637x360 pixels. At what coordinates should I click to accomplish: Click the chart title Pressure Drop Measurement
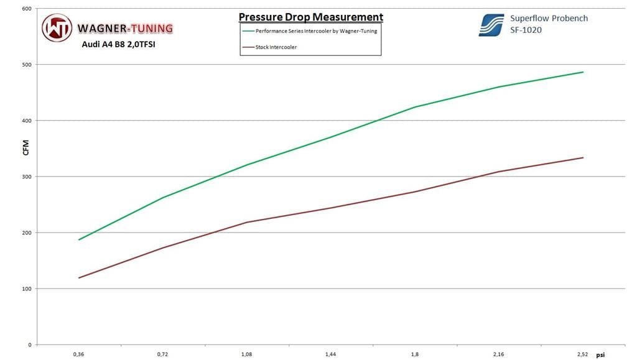pos(310,17)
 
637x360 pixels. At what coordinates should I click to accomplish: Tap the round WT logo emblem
pos(57,28)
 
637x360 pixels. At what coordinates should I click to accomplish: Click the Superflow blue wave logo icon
pos(491,25)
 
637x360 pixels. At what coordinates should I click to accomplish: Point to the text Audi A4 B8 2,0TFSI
pos(118,44)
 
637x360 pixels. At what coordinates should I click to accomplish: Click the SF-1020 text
pos(526,29)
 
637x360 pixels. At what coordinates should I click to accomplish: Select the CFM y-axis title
pos(26,149)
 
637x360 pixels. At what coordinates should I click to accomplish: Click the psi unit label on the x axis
pos(601,355)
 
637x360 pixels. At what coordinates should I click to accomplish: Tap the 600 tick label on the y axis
pos(27,9)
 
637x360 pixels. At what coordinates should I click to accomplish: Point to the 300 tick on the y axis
pos(27,177)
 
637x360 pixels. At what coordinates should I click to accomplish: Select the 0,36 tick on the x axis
pos(78,354)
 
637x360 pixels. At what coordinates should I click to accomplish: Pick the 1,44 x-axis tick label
pos(330,354)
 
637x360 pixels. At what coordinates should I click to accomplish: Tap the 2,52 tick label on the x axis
pos(582,354)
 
